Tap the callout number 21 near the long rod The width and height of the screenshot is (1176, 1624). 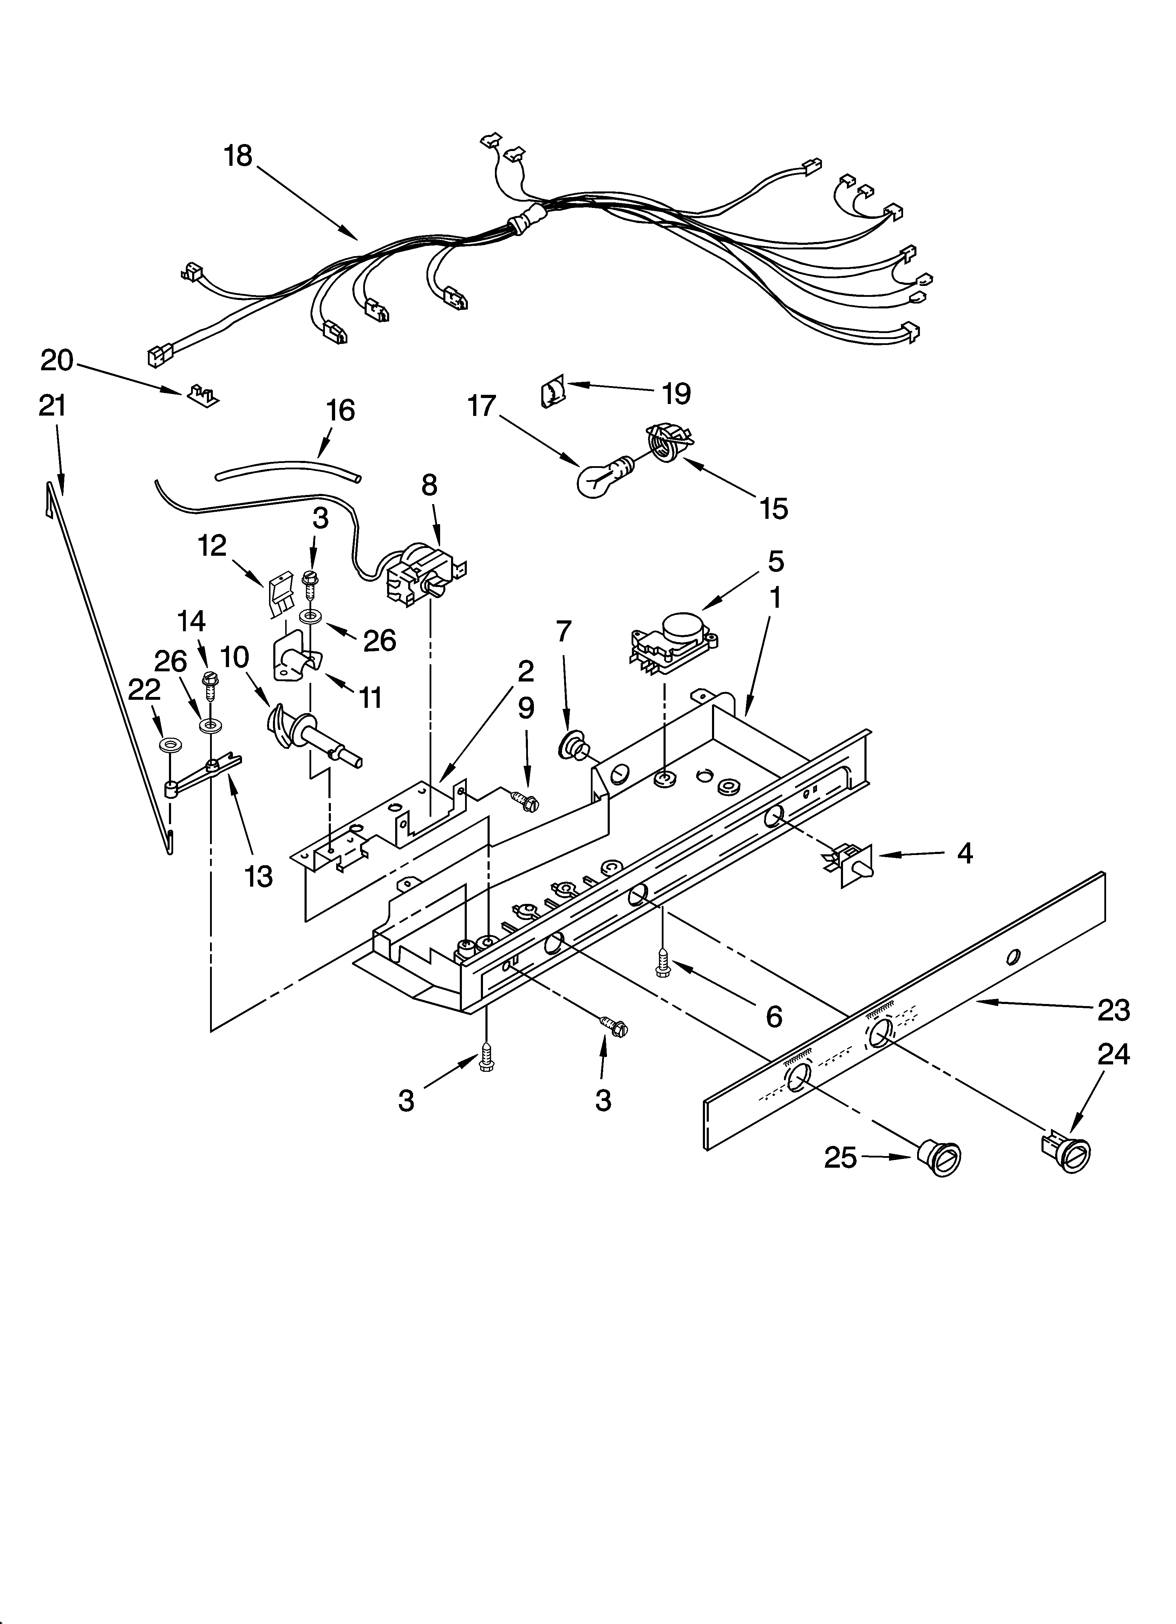[x=52, y=406]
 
